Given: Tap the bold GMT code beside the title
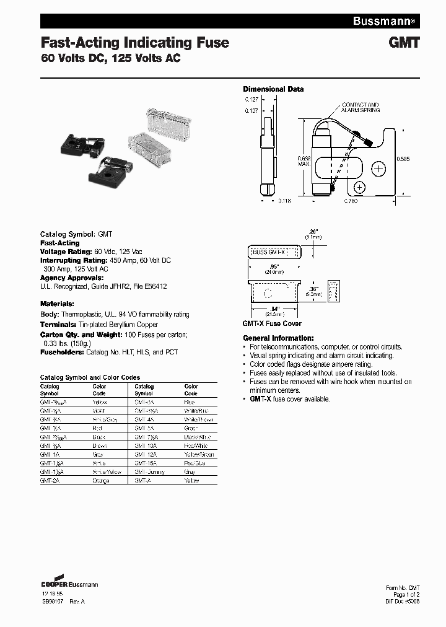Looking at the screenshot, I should click(406, 43).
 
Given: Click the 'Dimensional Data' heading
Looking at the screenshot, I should click(273, 89).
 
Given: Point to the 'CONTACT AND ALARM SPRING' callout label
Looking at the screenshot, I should click(361, 108).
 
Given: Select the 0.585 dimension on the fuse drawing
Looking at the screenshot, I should click(403, 158).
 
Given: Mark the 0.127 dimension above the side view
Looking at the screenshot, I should click(251, 99).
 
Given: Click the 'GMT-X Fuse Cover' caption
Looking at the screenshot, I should click(271, 324).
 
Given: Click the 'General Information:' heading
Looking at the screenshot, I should click(278, 338).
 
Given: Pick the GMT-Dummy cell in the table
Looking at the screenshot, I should click(149, 471).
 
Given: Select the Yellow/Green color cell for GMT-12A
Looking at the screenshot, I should click(198, 454).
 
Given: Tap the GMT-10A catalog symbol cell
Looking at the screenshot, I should click(145, 445).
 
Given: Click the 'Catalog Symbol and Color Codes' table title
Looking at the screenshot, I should click(90, 377).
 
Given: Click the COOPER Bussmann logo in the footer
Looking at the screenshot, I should click(69, 583).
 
